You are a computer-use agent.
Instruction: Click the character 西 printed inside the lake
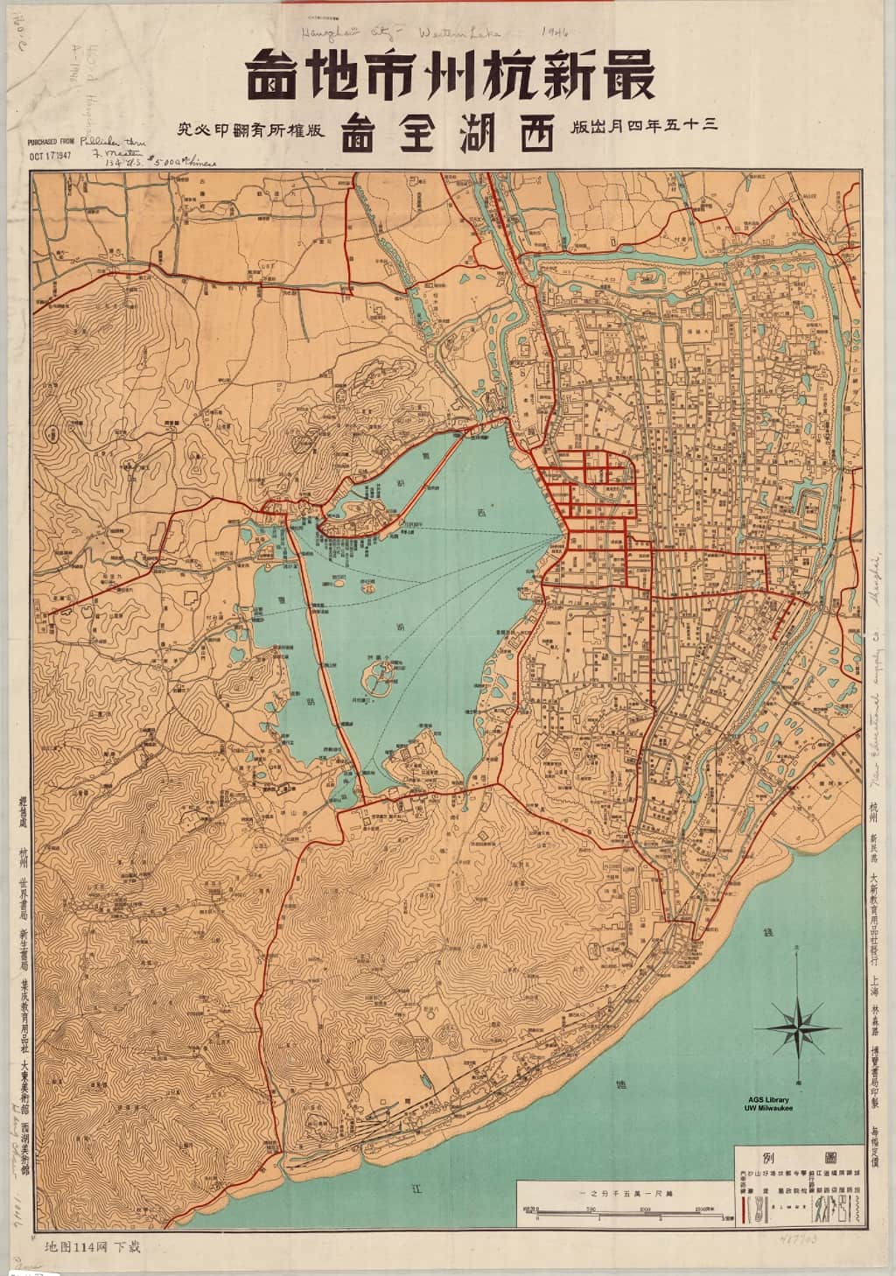click(x=479, y=511)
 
